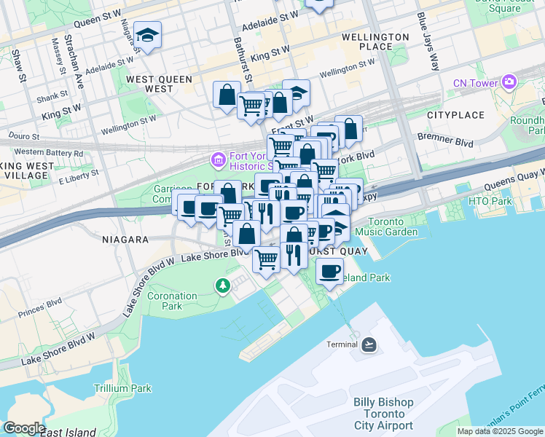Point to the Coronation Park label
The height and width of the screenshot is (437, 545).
tap(172, 301)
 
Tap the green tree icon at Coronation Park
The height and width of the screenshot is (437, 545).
tap(223, 287)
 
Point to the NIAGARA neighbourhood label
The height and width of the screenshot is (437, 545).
tap(126, 239)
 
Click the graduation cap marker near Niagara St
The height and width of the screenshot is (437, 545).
tap(147, 35)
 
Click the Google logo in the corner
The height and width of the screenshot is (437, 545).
tap(25, 428)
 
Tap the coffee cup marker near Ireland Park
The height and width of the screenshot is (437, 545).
tap(329, 271)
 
